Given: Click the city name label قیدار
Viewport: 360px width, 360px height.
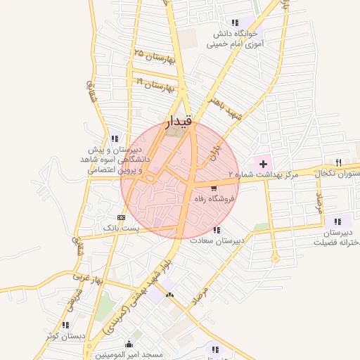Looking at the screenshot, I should [x=178, y=123].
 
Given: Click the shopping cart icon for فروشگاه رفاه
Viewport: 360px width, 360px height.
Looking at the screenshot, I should [x=214, y=188].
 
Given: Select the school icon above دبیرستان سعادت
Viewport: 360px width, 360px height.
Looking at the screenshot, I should [x=217, y=230].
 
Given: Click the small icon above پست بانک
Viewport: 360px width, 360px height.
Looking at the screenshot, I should [x=122, y=217].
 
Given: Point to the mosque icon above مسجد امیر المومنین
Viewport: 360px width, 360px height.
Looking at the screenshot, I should [x=129, y=344].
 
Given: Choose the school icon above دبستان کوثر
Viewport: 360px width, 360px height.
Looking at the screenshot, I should [x=65, y=325].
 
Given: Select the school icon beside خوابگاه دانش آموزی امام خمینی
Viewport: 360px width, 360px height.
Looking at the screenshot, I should [x=254, y=22].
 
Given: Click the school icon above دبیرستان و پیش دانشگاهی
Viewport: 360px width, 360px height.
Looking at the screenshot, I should [x=115, y=139].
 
